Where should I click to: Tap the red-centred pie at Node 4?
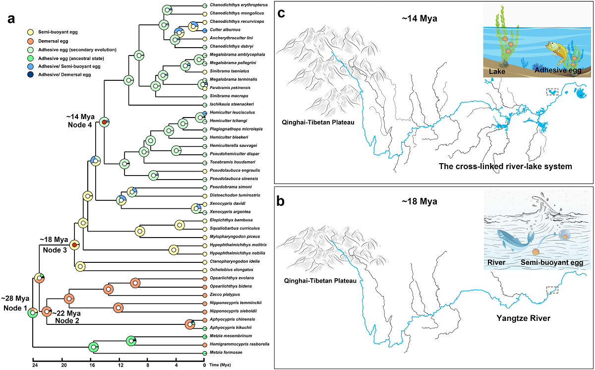pos(104,122)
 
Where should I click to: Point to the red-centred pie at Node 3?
pos(74,245)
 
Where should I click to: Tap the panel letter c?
pos(281,13)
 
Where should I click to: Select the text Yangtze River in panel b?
pos(524,318)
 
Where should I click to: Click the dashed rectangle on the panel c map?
pos(552,92)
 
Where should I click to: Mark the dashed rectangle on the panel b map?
pos(552,290)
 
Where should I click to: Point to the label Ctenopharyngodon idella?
pos(228,261)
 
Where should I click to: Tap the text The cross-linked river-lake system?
pos(506,167)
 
